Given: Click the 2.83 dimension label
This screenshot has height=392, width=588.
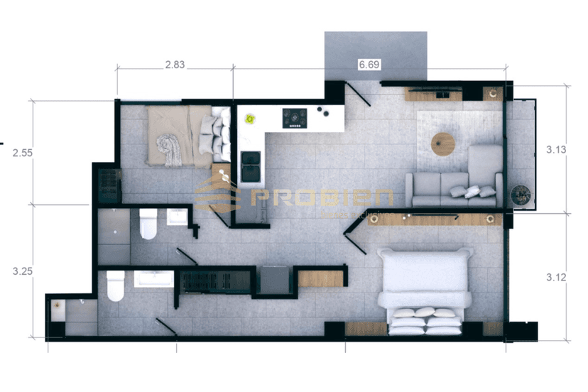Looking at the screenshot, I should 175,65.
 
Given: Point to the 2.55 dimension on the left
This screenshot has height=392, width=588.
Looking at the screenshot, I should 23,153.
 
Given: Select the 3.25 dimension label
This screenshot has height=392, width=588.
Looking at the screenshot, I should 23,270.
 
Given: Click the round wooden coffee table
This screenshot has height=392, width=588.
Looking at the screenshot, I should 443,143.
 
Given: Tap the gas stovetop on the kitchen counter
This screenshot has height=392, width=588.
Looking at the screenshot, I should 294,118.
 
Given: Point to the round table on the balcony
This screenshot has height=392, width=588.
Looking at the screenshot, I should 521,194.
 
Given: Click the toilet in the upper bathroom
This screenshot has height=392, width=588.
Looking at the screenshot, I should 148,224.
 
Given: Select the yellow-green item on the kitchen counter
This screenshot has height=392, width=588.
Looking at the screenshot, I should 250,119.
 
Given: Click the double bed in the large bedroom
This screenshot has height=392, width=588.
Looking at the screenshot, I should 425,291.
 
